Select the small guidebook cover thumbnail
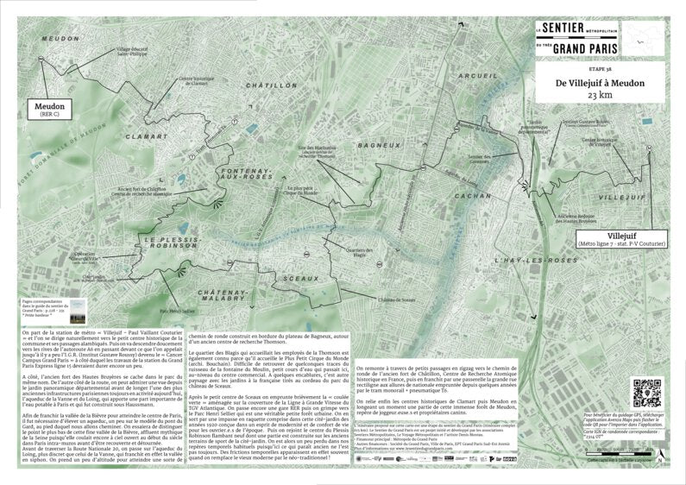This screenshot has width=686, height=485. [78, 308]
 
